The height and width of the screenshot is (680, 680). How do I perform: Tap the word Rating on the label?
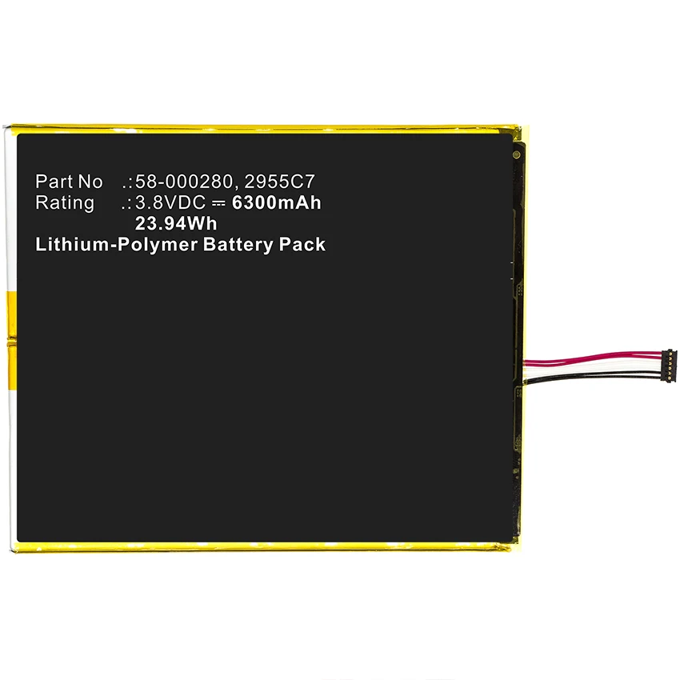pos(65,202)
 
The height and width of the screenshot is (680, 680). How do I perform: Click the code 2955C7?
pos(276,182)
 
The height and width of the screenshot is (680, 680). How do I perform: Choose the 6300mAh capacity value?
pos(276,202)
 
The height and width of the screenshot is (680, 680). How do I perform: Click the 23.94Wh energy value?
pos(176,224)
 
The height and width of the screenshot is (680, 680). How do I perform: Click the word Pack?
pos(302,245)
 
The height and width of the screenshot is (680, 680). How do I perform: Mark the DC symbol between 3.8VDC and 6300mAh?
pos(220,203)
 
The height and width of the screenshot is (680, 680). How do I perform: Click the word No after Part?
pos(90,182)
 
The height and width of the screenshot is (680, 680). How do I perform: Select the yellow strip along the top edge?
pos(264,128)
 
